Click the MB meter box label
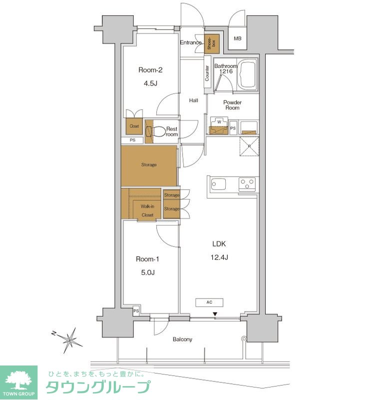238,38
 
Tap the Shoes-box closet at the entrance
212,43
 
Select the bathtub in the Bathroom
247,74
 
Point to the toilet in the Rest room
155,131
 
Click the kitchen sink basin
218,184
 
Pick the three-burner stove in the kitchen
247,184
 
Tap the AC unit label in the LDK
209,302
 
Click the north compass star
69,339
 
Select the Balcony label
182,339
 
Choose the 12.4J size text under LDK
219,257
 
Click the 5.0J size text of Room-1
148,272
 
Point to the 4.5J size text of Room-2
150,83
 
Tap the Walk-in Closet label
147,210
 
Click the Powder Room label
232,105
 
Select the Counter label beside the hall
207,73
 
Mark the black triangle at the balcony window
215,314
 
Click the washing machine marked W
219,125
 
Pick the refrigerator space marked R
250,146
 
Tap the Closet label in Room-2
134,126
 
